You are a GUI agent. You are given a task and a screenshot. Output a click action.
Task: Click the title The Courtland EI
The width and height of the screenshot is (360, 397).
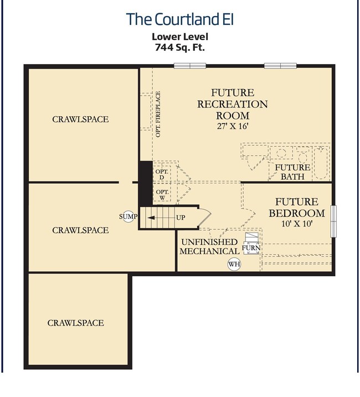[180, 19]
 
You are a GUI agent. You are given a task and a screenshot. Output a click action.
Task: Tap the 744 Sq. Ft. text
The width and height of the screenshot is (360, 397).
[180, 48]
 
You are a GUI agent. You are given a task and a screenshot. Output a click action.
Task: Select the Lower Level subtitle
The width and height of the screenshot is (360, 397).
[180, 37]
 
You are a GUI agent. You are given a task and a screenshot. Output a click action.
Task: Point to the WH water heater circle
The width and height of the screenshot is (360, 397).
[234, 264]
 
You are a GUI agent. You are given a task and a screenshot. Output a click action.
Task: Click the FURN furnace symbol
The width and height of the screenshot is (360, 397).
[251, 244]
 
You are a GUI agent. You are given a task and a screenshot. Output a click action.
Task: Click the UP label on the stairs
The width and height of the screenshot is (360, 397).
[181, 218]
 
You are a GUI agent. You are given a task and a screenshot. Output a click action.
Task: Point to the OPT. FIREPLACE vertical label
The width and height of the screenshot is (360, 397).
[158, 114]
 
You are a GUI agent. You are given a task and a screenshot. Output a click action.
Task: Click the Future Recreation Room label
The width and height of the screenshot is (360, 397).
[233, 104]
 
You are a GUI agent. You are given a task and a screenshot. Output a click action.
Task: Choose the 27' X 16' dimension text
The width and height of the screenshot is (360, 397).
[233, 126]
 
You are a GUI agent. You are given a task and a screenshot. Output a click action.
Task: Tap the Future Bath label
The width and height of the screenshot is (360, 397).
[292, 172]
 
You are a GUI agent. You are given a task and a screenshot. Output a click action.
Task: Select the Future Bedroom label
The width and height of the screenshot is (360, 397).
[296, 208]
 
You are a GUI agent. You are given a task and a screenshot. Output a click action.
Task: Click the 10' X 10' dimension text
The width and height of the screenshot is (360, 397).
[296, 224]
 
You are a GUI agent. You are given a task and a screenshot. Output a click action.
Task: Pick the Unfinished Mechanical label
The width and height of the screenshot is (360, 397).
[209, 247]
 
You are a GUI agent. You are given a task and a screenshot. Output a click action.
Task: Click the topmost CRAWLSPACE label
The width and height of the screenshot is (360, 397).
[80, 119]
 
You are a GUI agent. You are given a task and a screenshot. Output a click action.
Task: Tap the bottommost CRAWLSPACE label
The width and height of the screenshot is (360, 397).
[75, 323]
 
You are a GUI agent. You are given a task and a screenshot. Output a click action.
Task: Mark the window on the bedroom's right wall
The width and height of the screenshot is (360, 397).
[333, 220]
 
